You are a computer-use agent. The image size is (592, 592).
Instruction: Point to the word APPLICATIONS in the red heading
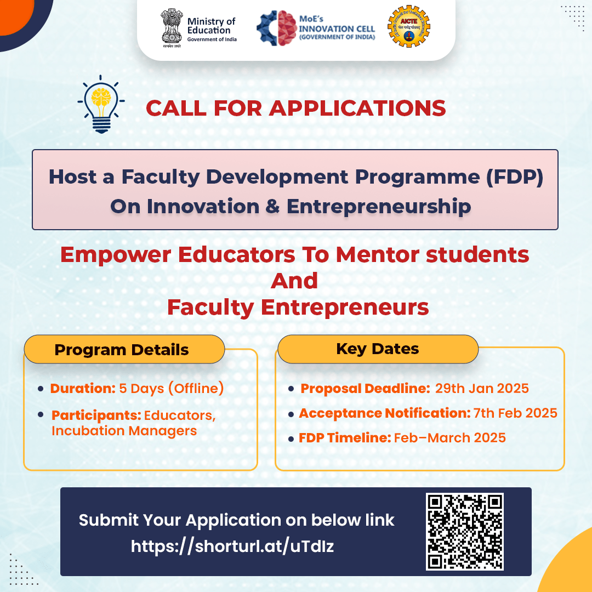click(x=358, y=108)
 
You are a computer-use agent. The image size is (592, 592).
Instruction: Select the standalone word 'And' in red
click(x=295, y=281)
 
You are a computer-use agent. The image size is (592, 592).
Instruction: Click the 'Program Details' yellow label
click(x=122, y=350)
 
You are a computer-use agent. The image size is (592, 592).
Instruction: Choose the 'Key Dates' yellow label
click(x=377, y=349)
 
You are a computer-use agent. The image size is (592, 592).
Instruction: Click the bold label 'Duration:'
click(x=83, y=389)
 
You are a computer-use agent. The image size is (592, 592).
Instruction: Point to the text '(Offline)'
click(x=196, y=389)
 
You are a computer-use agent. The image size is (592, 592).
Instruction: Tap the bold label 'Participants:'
click(x=96, y=415)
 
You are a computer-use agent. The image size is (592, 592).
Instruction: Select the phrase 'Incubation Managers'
click(x=124, y=431)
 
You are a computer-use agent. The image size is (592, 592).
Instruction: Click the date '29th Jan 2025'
click(x=482, y=389)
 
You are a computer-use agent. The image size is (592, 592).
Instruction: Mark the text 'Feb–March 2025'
click(x=449, y=437)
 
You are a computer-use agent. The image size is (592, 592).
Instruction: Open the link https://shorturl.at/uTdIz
click(x=232, y=546)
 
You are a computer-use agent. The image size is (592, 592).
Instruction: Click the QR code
click(x=464, y=531)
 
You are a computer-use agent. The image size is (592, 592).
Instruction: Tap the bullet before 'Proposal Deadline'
click(x=291, y=389)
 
